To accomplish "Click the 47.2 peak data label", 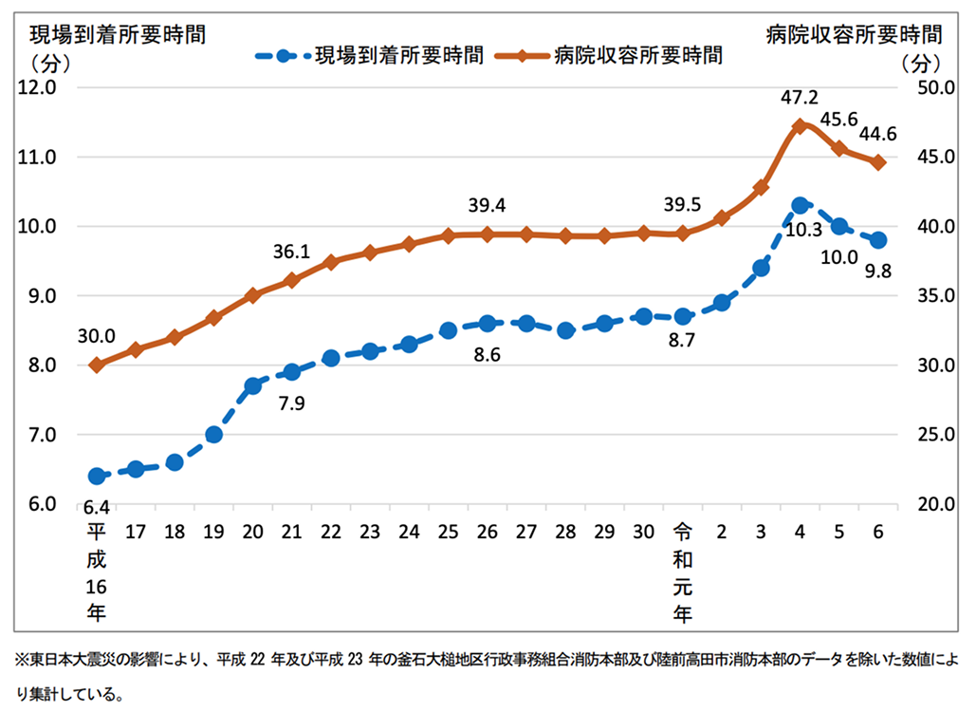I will point(799,97).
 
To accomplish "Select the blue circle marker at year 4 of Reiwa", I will point(800,205).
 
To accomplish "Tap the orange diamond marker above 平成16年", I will point(96,365).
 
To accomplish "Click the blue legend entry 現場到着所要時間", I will point(370,56).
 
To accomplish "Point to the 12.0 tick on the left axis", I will point(38,87).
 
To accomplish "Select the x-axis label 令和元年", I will point(681,572).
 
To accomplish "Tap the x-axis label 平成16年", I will point(96,572).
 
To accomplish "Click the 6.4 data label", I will point(96,506).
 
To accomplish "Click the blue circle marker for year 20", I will point(252,385).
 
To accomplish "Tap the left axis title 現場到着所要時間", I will point(119,35).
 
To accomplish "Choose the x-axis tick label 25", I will point(448,532).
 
